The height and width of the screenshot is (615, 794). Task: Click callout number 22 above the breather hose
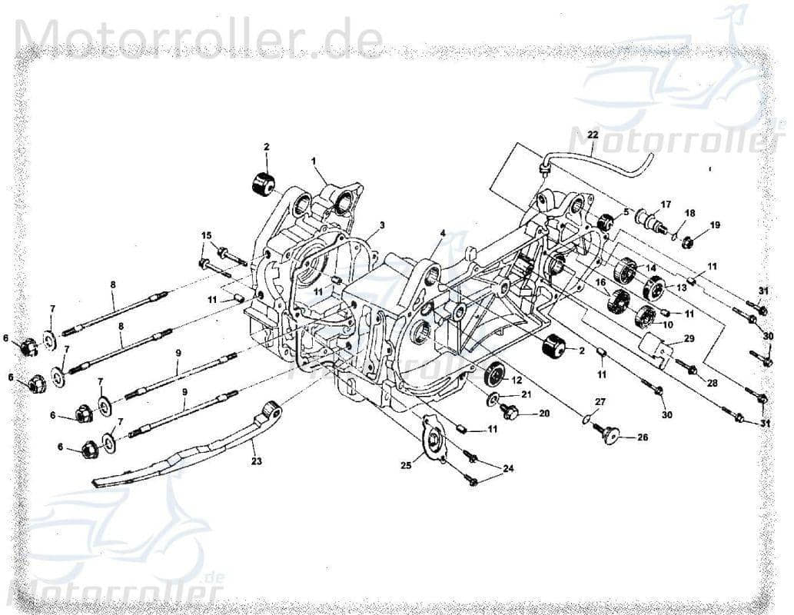coord(593,135)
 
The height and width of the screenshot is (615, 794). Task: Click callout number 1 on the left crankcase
coord(314,161)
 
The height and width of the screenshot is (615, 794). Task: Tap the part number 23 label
coord(256,462)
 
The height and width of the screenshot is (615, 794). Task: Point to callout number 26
coord(642,438)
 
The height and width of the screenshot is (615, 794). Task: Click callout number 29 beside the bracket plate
coord(689,339)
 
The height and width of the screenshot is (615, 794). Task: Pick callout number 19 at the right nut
coord(715,225)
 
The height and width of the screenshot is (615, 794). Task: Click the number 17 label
coord(666,204)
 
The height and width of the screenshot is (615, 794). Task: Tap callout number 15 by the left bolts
coord(206,235)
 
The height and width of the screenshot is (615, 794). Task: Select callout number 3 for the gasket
coord(382,224)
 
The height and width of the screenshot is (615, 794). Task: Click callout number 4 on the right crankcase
coord(443,233)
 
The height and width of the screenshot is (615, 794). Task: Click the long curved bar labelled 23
coord(192,454)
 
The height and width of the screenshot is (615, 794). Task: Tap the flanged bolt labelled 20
coord(510,413)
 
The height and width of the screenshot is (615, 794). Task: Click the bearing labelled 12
coord(494,374)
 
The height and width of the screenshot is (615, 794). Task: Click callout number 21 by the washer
coord(527,394)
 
